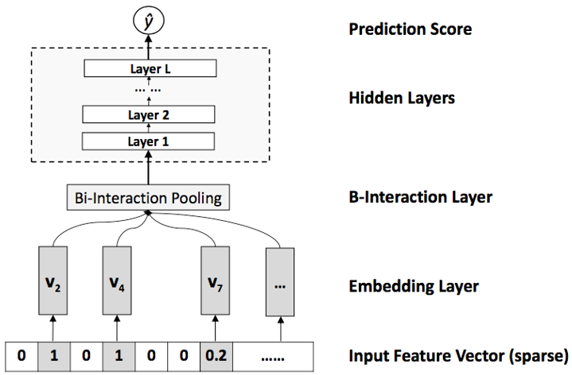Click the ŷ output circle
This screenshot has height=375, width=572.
point(149,21)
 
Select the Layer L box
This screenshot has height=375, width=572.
point(150,68)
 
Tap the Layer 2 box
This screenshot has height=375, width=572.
point(149,114)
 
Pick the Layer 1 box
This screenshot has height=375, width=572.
point(148,141)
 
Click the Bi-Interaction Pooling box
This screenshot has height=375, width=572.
point(148,198)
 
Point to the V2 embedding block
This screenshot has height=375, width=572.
point(53,280)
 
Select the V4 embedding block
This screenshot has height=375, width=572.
point(117,280)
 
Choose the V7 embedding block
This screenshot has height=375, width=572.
point(216,280)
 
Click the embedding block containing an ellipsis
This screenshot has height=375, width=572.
point(280,282)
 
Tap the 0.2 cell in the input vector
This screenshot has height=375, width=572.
point(216,356)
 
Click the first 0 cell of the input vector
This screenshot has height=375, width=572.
point(21,356)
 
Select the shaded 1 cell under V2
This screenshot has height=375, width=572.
point(54,356)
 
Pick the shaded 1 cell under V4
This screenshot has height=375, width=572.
point(119,356)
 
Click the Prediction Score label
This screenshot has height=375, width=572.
point(411,29)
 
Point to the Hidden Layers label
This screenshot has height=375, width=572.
point(402,98)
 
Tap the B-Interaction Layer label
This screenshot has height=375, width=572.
point(421,197)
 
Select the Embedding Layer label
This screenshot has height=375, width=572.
point(414,287)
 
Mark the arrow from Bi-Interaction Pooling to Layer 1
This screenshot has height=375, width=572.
point(148,168)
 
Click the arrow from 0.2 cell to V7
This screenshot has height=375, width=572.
point(216,328)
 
